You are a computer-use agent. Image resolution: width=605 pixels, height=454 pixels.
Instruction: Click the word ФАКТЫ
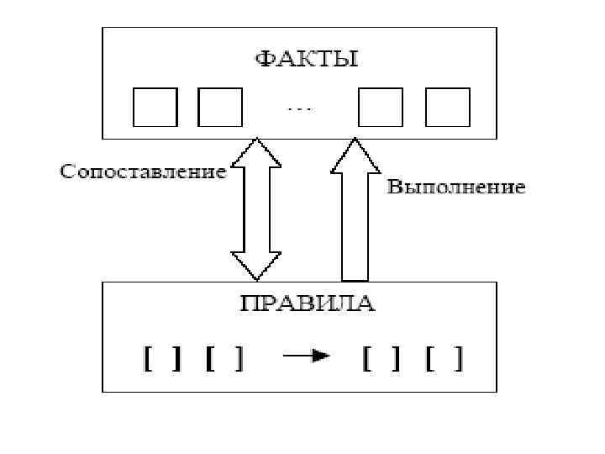point(306,59)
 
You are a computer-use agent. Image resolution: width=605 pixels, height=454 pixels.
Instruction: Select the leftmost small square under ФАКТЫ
point(155,107)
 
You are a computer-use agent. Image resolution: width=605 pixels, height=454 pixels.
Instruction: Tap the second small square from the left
point(220,107)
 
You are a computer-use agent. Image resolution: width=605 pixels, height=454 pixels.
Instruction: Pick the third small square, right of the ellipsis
point(381,107)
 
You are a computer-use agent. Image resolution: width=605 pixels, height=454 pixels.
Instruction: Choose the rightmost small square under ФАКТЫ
point(447,107)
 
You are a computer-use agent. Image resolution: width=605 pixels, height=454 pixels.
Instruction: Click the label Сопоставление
point(143,172)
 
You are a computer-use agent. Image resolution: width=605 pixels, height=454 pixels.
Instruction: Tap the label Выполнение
point(456,187)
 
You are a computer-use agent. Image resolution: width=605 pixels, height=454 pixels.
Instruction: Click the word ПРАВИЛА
point(307,304)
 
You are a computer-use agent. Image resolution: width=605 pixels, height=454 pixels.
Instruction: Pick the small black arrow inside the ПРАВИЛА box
point(306,356)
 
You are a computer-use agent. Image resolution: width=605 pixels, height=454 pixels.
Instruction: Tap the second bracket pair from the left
point(224,359)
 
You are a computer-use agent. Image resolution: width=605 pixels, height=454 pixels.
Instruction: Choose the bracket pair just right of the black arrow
point(383,359)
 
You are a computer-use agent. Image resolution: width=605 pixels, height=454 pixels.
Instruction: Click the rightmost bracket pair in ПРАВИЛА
point(445,359)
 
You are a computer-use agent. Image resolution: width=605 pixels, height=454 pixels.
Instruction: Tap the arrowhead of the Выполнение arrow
point(355,156)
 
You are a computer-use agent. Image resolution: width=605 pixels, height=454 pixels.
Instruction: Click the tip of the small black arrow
point(329,356)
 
